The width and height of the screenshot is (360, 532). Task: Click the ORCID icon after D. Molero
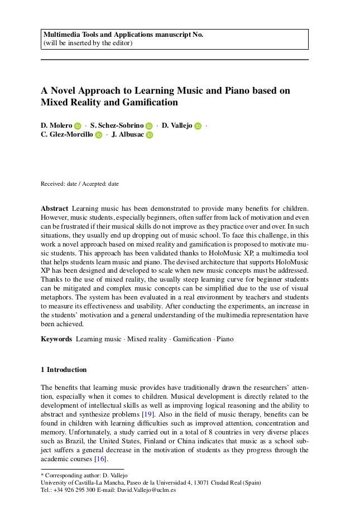tap(78, 126)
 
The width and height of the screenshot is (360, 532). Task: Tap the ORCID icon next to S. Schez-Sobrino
tap(149, 126)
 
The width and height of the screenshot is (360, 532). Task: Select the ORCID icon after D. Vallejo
tap(198, 126)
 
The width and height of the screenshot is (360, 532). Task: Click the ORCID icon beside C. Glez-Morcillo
tap(98, 135)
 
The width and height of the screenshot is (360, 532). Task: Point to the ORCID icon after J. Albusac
tap(149, 135)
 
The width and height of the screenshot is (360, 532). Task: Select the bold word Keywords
tap(56, 338)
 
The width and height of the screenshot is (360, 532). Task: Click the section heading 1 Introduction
tap(64, 370)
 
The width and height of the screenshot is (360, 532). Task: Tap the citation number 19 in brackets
tap(147, 414)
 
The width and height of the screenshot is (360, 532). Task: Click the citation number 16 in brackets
tap(100, 459)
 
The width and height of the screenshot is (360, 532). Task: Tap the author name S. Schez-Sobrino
tap(117, 125)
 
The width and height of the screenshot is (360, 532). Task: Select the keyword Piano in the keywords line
tap(225, 338)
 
